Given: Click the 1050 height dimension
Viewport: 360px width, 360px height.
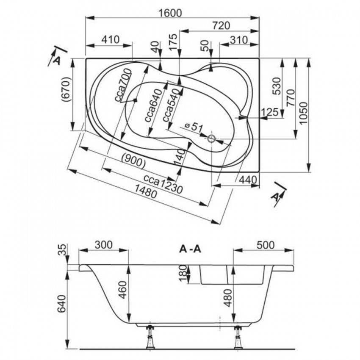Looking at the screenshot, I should (x=301, y=115).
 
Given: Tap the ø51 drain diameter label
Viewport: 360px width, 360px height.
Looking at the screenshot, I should (x=194, y=126).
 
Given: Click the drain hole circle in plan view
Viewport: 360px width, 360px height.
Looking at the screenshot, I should (x=212, y=138).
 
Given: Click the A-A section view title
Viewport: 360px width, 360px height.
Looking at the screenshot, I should (x=188, y=249).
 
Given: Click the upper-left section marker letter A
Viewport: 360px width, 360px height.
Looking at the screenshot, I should (x=55, y=61).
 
